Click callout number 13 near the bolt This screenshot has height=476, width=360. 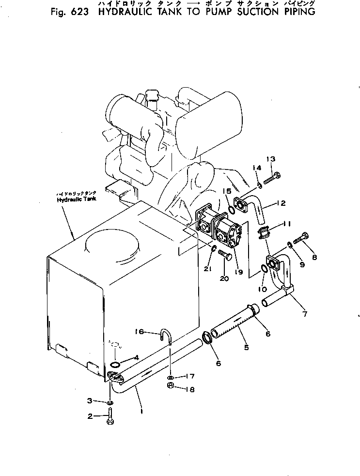point(270,160)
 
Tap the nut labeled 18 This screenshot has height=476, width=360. point(171,386)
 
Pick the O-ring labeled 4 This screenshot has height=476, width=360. point(115,364)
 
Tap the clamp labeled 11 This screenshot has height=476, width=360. point(265,232)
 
